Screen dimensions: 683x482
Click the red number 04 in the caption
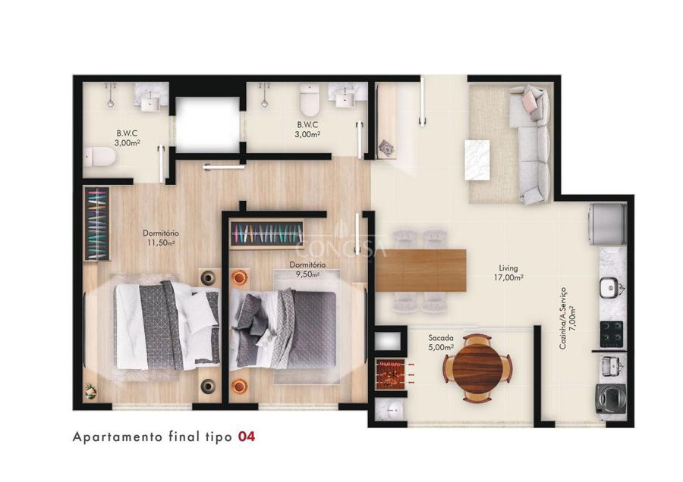(x=246, y=437)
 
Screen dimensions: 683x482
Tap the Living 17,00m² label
(x=508, y=272)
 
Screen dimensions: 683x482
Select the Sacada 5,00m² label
(x=441, y=343)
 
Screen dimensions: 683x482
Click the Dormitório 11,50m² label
(x=161, y=238)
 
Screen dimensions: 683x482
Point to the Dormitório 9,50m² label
(x=307, y=269)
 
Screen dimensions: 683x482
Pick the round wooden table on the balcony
(x=478, y=368)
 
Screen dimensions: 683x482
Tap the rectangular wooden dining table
(x=420, y=270)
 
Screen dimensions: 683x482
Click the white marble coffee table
(x=477, y=160)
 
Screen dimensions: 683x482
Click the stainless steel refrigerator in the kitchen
(x=607, y=225)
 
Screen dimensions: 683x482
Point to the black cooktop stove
(x=612, y=334)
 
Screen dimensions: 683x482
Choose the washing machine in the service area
(x=610, y=399)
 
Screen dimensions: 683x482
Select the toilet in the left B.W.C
(x=100, y=157)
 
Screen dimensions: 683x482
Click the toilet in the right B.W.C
(x=310, y=100)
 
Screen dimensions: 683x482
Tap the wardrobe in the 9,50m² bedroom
(x=266, y=235)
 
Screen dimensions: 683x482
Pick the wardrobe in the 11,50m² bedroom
(x=96, y=224)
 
